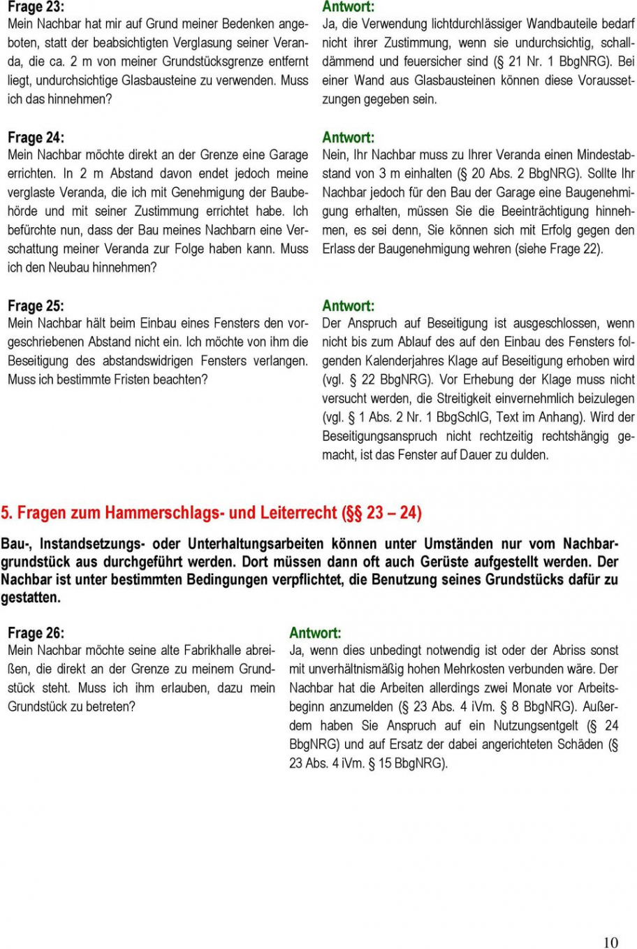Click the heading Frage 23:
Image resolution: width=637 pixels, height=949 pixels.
tap(36, 6)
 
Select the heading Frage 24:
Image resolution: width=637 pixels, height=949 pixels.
tap(36, 138)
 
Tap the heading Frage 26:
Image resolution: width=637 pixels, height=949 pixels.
tap(36, 633)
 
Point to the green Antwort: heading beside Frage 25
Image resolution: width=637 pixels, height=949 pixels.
tap(348, 306)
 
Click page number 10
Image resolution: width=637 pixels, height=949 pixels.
tap(610, 943)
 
